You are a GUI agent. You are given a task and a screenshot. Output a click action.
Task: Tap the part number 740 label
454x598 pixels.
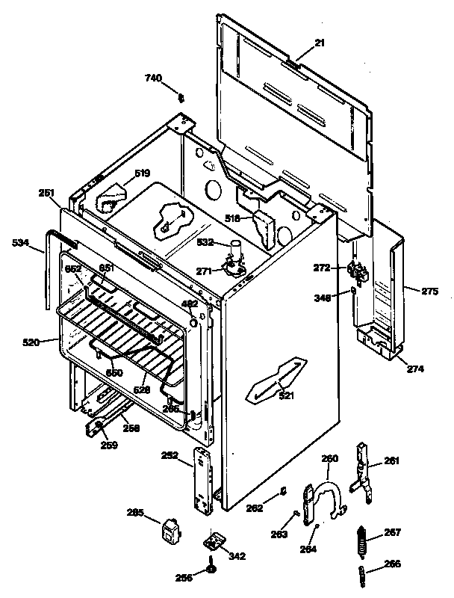pos(152,78)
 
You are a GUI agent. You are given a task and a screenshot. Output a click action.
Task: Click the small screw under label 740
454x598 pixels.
pos(180,96)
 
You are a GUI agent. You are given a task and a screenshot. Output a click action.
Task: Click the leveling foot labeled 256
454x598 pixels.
pos(212,573)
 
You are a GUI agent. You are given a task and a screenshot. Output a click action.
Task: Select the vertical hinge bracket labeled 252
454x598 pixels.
pos(203,482)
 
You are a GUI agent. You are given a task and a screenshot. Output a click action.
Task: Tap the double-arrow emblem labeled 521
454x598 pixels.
pos(276,378)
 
